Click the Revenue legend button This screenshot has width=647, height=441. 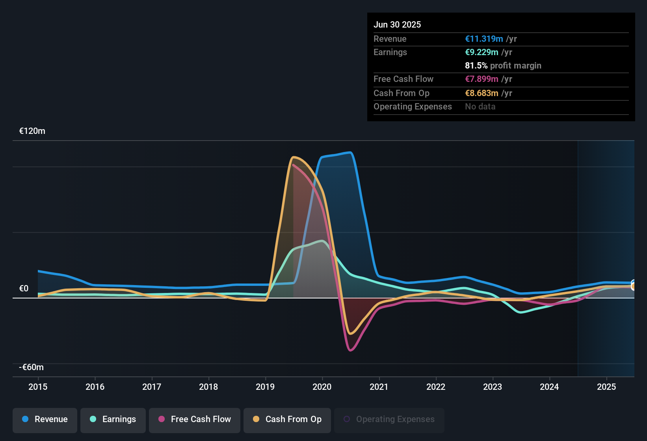pos(45,419)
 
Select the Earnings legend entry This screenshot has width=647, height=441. pos(113,419)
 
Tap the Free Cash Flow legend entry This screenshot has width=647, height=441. pos(195,419)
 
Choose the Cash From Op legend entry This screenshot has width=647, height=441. pos(287,419)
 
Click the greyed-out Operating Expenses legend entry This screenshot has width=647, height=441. pos(389,419)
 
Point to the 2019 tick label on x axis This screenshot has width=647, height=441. pos(265,387)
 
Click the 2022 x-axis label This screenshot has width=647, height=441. pos(436,387)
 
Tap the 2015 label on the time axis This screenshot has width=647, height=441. pos(38,387)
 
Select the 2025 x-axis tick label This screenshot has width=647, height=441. pos(606,387)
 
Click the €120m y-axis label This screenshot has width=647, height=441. pos(32,131)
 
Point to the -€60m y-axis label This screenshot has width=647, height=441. pos(32,367)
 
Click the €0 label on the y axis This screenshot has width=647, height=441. pos(24,289)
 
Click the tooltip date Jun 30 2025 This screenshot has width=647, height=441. pos(397,25)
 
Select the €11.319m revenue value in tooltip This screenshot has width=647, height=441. pos(484,39)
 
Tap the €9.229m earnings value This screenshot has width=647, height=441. pos(482,52)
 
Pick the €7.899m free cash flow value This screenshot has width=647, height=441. pos(482,79)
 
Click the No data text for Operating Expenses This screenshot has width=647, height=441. pos(480,107)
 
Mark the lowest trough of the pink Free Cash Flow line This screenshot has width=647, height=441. pos(351,350)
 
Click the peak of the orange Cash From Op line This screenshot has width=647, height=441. pos(293,157)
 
